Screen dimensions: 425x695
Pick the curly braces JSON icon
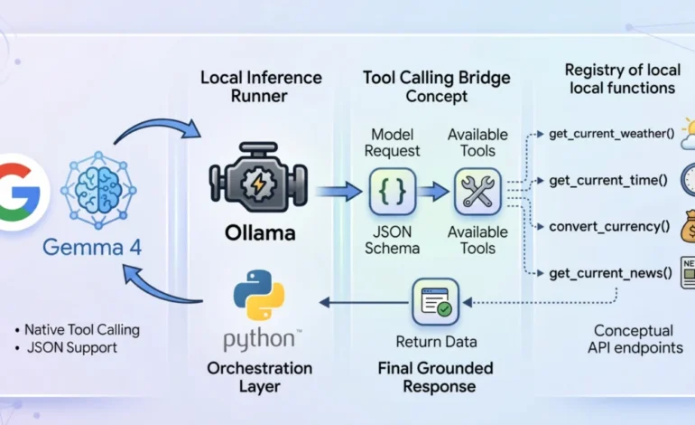pyautogui.click(x=392, y=190)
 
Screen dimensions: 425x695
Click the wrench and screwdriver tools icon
pyautogui.click(x=477, y=190)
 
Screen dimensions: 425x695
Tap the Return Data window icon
pyautogui.click(x=436, y=302)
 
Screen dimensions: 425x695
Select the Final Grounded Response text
pyautogui.click(x=436, y=377)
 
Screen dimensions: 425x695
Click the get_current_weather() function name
pyautogui.click(x=610, y=134)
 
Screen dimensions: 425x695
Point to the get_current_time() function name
pyautogui.click(x=608, y=180)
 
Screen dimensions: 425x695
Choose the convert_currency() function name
pyautogui.click(x=608, y=226)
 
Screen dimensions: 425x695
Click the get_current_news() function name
pyautogui.click(x=610, y=272)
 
